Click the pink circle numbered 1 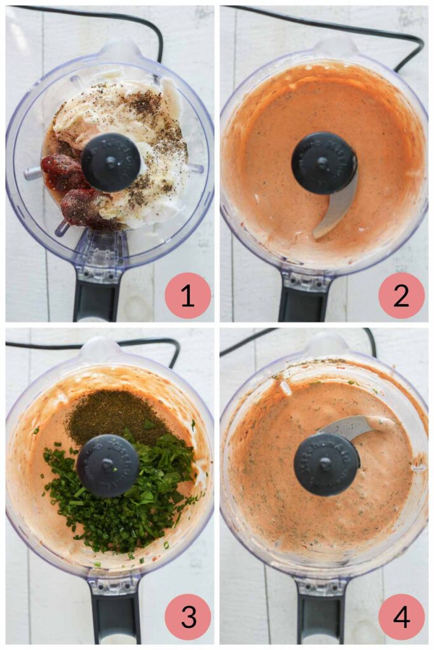[187, 295]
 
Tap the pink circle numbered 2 [401, 295]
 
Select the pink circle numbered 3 [187, 616]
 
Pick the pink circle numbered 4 [401, 616]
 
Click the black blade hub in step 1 [111, 162]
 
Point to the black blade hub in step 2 [324, 162]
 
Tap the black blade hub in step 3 [107, 465]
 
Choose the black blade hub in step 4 [326, 464]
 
